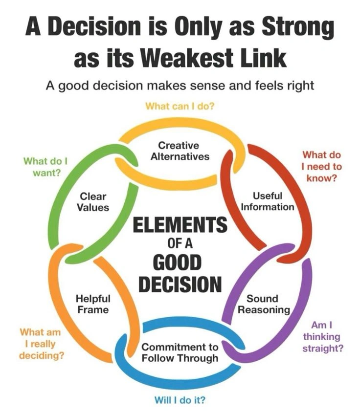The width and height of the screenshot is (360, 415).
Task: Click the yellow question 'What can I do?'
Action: coord(180,106)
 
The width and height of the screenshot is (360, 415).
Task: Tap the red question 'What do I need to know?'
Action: coord(322,166)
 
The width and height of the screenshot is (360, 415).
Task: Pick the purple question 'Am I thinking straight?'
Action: coord(322,337)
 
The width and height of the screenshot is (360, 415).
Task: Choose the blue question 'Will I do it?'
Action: coord(180,400)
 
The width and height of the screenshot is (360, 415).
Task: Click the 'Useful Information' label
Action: coord(267,201)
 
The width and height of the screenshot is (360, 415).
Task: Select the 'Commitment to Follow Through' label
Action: coord(180,352)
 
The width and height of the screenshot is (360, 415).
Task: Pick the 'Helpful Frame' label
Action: coord(93,304)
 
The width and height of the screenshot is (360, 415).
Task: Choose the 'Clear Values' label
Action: coord(93,201)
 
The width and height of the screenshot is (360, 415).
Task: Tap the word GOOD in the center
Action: coord(180,262)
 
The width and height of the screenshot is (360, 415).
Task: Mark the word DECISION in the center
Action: coord(180,284)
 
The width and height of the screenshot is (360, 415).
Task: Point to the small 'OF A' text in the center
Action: coord(180,244)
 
